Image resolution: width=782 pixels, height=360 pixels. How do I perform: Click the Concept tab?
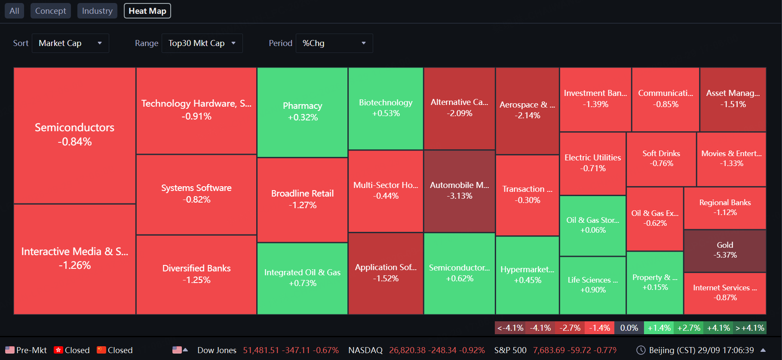pyautogui.click(x=50, y=11)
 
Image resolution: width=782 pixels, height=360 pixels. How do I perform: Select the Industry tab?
pyautogui.click(x=97, y=11)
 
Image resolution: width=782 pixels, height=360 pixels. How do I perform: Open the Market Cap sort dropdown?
pyautogui.click(x=71, y=43)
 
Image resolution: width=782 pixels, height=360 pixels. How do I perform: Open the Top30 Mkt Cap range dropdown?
pyautogui.click(x=202, y=43)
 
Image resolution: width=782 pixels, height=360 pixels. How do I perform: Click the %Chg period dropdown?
pyautogui.click(x=334, y=43)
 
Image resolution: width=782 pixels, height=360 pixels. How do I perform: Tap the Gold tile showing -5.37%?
pyautogui.click(x=725, y=251)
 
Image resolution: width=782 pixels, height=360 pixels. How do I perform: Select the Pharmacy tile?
pyautogui.click(x=302, y=112)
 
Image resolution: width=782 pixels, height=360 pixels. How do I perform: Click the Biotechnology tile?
pyautogui.click(x=386, y=108)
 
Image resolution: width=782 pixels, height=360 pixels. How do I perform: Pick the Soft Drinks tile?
pyautogui.click(x=661, y=159)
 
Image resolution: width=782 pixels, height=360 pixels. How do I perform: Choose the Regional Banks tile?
pyautogui.click(x=725, y=208)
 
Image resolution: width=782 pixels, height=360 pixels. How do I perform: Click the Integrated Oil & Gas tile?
pyautogui.click(x=302, y=278)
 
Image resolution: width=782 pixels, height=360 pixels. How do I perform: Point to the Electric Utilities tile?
pyautogui.click(x=593, y=163)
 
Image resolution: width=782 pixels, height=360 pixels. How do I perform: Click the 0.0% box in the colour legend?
pyautogui.click(x=629, y=328)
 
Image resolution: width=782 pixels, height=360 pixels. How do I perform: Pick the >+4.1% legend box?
pyautogui.click(x=750, y=328)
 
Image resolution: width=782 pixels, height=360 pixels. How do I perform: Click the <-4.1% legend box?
pyautogui.click(x=510, y=328)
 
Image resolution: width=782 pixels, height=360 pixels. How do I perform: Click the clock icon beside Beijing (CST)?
pyautogui.click(x=641, y=350)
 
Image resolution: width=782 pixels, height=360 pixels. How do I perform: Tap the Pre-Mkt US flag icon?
pyautogui.click(x=9, y=350)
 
